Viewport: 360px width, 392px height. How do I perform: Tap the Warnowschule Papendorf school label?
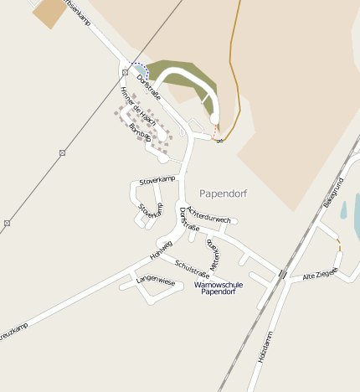(219, 288)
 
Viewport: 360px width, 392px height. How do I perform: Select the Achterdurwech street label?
(208, 214)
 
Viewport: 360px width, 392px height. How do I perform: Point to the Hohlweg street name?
(161, 248)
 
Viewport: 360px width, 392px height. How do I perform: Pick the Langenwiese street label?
(156, 281)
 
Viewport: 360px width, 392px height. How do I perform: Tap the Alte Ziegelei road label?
(321, 273)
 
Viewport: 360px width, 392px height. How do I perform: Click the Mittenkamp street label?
(213, 252)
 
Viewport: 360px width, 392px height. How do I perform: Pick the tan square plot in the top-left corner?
(50, 12)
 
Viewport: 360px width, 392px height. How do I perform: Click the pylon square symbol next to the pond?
(125, 72)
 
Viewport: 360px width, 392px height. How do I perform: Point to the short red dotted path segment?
(217, 132)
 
